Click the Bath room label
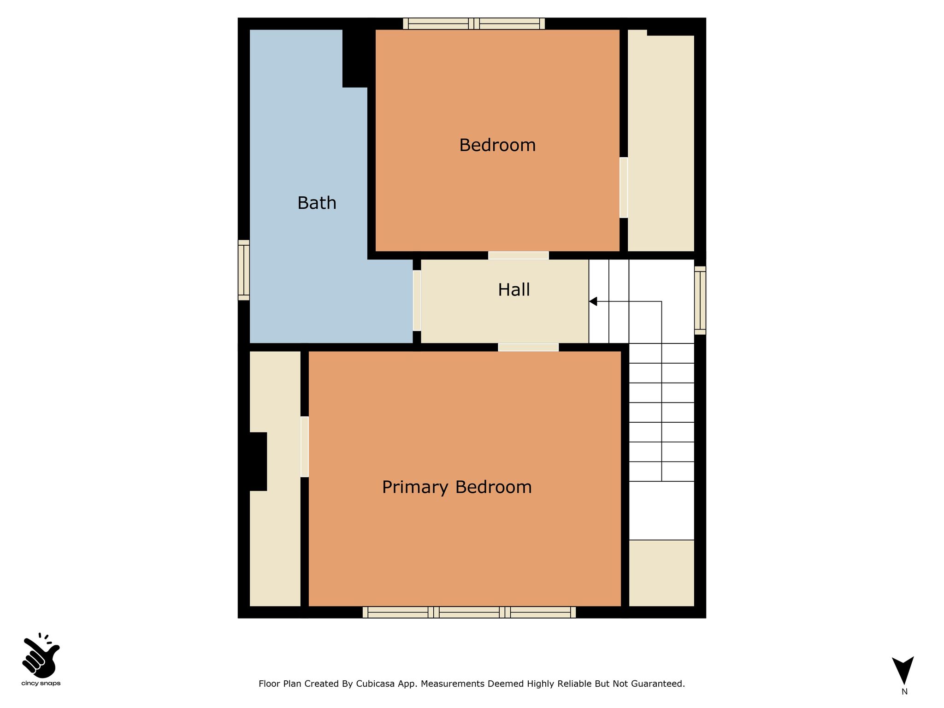pos(317,203)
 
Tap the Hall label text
pos(514,289)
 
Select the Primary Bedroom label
pos(457,487)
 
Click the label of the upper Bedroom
pos(497,145)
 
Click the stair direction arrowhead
pos(593,301)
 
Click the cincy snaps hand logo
pos(41,655)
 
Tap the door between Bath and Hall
pos(417,301)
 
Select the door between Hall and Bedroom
pos(519,255)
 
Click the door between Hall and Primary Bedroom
pos(528,347)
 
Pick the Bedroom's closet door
pos(624,188)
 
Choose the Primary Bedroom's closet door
pos(305,447)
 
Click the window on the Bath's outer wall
pos(244,270)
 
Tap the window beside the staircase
pos(700,301)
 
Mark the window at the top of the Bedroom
pos(474,24)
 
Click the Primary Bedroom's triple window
pos(469,612)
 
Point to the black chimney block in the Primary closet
pos(258,461)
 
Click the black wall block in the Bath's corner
pos(358,58)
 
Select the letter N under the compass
pos(904,691)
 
